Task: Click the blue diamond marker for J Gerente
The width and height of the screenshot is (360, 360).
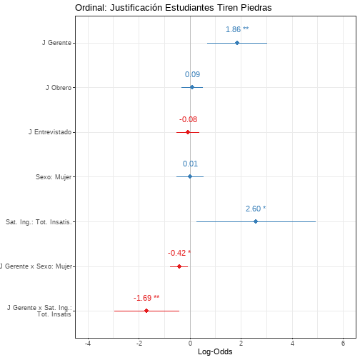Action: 237,43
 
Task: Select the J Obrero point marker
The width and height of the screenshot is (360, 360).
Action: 192,87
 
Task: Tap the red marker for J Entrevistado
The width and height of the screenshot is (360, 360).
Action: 188,132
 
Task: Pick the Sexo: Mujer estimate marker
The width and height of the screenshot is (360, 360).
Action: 190,176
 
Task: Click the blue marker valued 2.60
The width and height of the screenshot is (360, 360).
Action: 256,221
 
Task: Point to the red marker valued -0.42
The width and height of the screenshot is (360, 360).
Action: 179,266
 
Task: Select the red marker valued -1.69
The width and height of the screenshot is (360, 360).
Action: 146,311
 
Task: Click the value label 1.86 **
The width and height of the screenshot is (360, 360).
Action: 237,29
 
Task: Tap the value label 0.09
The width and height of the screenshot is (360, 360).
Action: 192,74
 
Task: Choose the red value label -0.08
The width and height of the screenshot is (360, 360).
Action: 188,119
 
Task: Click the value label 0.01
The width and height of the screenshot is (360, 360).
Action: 190,164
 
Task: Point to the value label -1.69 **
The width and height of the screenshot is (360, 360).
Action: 146,298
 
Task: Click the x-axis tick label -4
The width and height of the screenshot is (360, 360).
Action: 88,344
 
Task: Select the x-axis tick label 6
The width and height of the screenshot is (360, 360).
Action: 343,344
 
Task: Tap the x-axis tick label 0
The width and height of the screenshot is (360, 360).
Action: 190,344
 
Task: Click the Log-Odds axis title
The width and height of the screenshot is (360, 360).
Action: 215,352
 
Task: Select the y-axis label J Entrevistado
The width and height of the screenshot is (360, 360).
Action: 50,132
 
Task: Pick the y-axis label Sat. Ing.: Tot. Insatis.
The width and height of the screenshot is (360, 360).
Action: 39,222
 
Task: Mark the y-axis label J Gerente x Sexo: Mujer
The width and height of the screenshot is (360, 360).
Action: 36,266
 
